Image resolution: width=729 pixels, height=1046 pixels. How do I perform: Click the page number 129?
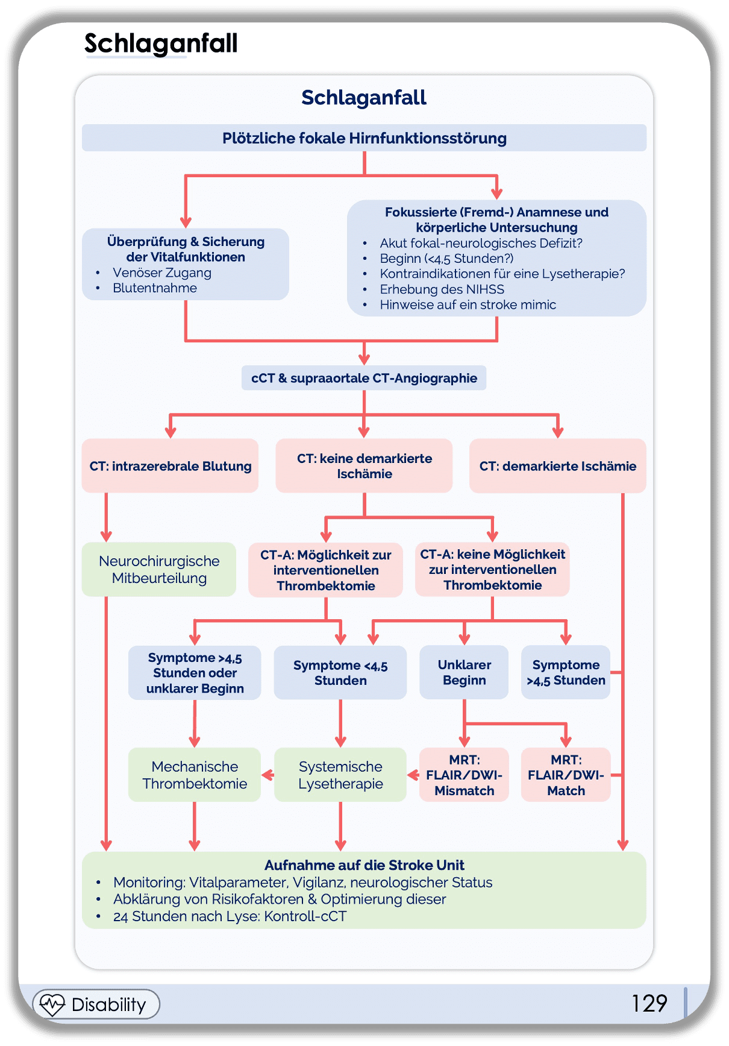click(x=649, y=1003)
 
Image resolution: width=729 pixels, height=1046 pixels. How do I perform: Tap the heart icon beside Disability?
click(x=52, y=1004)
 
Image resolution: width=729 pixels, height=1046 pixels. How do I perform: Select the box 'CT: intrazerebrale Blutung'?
click(x=171, y=466)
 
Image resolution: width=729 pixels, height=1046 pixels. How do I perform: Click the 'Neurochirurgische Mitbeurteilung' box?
click(x=159, y=570)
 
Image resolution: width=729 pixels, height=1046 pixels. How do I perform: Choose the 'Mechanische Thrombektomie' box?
click(x=195, y=775)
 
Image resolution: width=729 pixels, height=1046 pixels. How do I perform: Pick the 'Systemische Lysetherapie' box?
click(x=340, y=775)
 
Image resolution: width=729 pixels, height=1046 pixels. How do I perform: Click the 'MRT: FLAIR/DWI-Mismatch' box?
click(x=464, y=775)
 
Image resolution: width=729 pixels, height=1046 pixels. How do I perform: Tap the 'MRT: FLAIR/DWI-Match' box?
click(x=566, y=775)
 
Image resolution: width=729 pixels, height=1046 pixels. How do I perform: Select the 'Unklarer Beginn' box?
click(x=464, y=672)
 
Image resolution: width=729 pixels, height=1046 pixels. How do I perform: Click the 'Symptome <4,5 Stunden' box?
click(x=340, y=672)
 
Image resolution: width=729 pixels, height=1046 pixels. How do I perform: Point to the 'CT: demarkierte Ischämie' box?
click(x=557, y=466)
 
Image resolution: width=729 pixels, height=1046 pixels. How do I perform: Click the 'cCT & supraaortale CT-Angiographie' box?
click(x=364, y=378)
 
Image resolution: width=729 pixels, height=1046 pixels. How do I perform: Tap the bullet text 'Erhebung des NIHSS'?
click(x=442, y=289)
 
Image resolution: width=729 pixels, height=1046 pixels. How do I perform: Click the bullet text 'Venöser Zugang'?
click(x=162, y=273)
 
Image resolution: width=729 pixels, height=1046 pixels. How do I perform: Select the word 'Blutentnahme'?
click(x=155, y=288)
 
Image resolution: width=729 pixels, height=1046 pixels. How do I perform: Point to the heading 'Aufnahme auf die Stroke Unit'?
click(x=364, y=865)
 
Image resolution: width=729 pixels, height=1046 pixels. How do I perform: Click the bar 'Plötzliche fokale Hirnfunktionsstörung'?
click(x=364, y=138)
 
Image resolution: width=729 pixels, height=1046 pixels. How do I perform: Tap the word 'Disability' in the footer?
click(x=108, y=1004)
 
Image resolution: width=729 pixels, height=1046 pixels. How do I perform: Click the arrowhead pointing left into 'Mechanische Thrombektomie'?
click(x=266, y=775)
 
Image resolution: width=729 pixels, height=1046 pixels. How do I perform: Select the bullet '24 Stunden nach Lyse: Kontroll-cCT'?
click(x=230, y=916)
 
